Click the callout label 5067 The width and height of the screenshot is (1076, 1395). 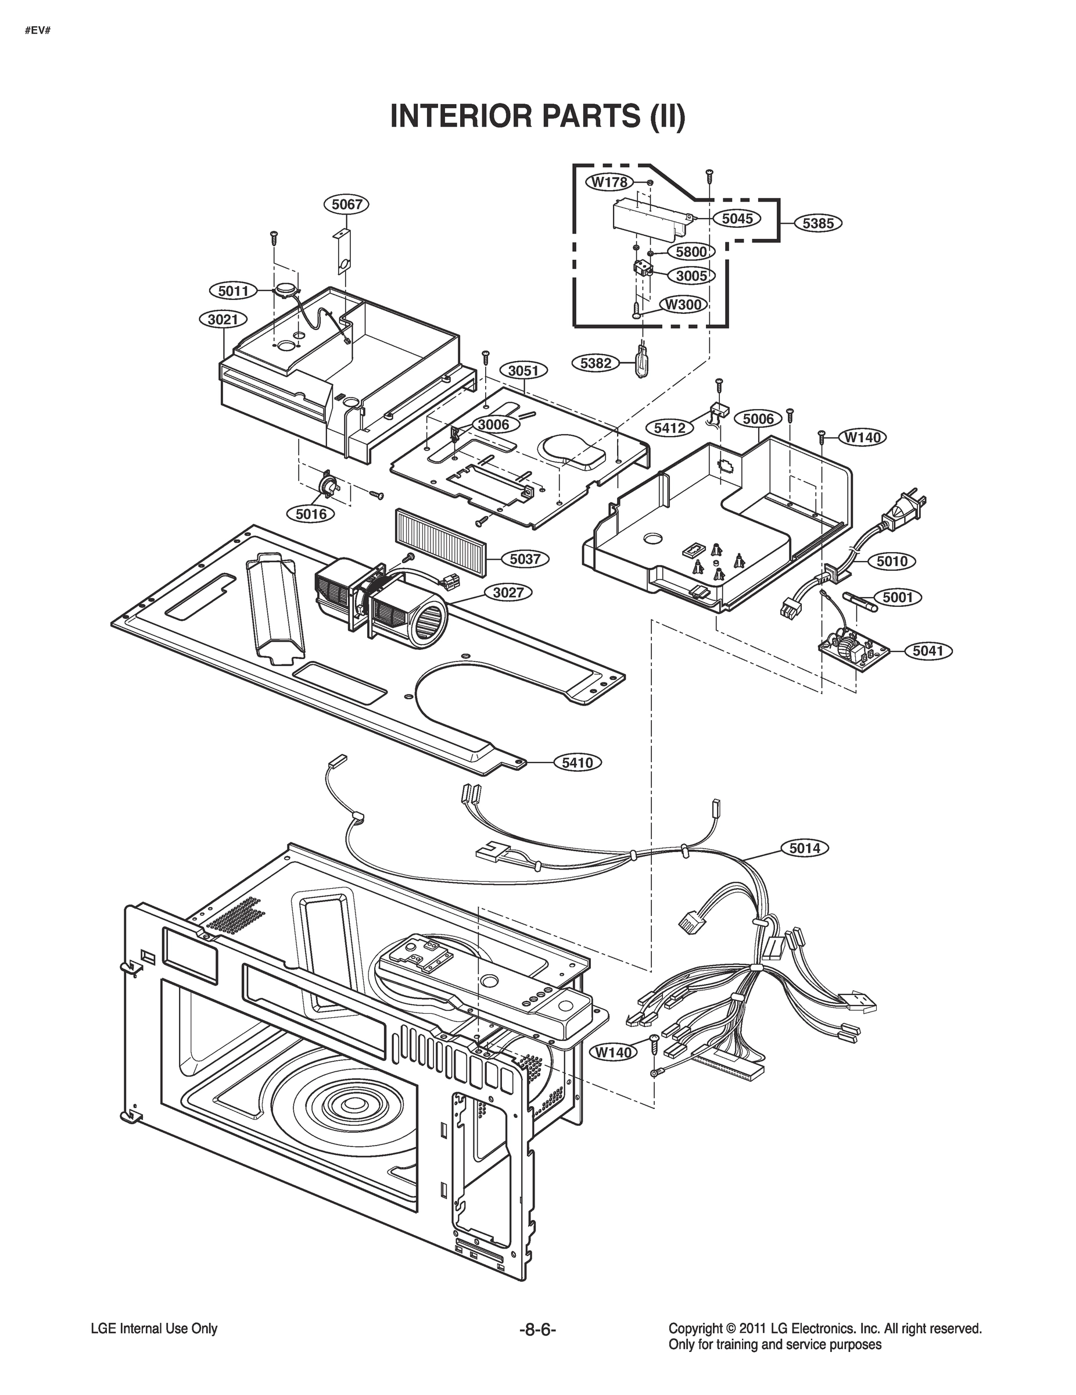pyautogui.click(x=347, y=205)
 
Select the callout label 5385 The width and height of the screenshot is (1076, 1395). pyautogui.click(x=818, y=223)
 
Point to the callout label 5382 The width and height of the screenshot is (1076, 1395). pyautogui.click(x=596, y=363)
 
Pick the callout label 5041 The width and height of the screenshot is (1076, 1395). pyautogui.click(x=928, y=651)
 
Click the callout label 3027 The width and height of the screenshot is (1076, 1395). pyautogui.click(x=508, y=592)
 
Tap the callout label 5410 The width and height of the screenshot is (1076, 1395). pyautogui.click(x=578, y=762)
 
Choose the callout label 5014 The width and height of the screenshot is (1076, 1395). pyautogui.click(x=805, y=847)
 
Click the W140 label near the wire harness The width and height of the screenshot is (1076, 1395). pyautogui.click(x=613, y=1052)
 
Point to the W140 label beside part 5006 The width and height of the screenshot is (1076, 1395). pyautogui.click(x=862, y=438)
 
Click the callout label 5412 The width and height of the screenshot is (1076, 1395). pyautogui.click(x=669, y=427)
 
